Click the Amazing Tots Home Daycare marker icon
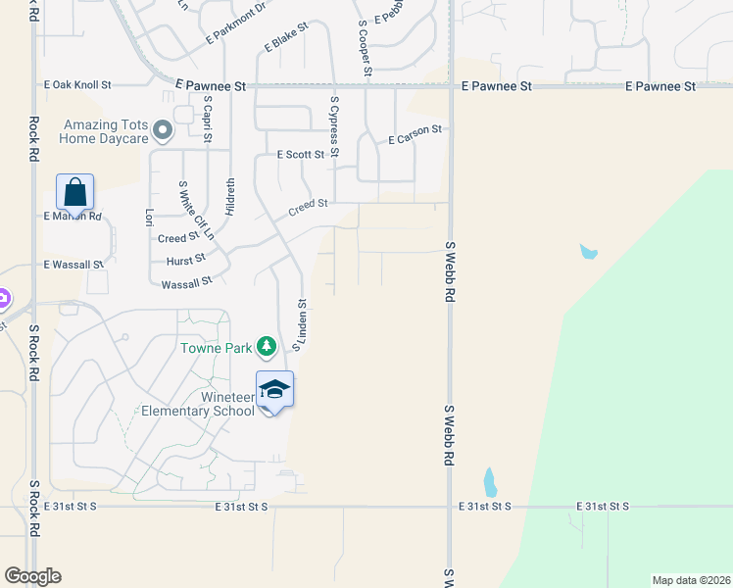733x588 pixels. pos(164,130)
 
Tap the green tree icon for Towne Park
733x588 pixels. pos(266,346)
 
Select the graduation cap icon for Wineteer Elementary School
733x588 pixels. pos(274,389)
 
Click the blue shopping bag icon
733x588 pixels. pos(75,192)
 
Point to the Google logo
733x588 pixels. pos(32,576)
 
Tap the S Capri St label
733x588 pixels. pos(208,119)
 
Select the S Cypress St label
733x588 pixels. pos(334,126)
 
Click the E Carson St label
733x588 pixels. pos(415,135)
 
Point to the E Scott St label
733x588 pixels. pos(301,155)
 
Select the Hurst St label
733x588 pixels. pos(186,259)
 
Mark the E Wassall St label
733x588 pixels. pos(73,265)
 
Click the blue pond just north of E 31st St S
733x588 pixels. pos(489,482)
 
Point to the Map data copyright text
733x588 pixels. pos(690,580)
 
